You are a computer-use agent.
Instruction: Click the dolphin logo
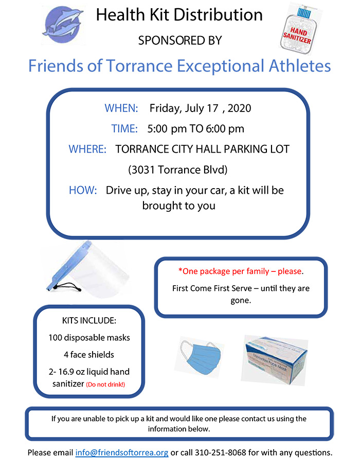click(63, 24)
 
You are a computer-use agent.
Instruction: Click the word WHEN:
click(121, 108)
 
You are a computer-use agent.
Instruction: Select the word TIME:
click(124, 128)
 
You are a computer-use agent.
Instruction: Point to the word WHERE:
click(87, 149)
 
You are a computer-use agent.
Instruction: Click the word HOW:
click(83, 190)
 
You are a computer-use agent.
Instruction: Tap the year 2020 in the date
click(239, 108)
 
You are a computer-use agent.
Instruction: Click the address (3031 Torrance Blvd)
click(178, 170)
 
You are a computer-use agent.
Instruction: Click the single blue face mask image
click(201, 356)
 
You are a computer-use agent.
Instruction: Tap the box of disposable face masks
click(275, 360)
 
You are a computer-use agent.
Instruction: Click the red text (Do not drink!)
click(105, 384)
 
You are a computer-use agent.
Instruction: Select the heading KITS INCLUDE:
click(89, 320)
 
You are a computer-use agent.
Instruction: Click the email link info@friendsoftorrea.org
click(122, 452)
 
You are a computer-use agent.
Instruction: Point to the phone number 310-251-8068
click(221, 452)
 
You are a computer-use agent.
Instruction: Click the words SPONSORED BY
click(180, 41)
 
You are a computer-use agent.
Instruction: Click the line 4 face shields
click(89, 355)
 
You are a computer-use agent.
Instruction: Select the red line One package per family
click(241, 271)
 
